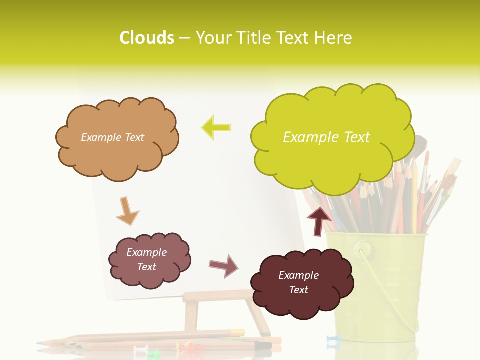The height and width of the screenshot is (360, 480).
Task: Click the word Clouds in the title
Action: pos(146,38)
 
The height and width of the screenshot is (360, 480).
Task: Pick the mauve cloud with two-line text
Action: pos(149,260)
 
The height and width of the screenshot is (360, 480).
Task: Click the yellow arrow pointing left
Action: pos(216,127)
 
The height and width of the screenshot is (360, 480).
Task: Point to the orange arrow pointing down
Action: pos(127,211)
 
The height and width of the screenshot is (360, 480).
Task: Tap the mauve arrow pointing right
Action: pos(223,265)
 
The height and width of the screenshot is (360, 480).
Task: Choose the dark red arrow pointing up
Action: pos(318,220)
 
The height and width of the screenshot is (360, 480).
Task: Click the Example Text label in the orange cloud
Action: pos(112,137)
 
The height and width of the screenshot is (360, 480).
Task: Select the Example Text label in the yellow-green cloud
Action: pos(326,137)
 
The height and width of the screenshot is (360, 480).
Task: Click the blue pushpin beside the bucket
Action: pos(332,340)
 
